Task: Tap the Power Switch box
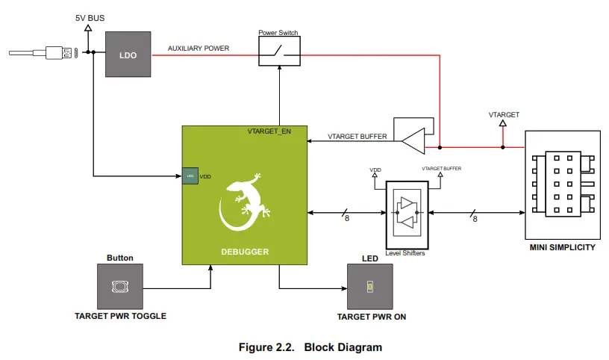coord(279,51)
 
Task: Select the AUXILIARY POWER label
coord(198,48)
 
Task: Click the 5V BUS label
coord(90,16)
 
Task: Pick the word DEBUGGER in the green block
coord(244,252)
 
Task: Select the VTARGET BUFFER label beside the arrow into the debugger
coord(357,137)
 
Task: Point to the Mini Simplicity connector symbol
coord(563,182)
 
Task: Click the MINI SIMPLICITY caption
coord(563,247)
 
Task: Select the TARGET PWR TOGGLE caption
coord(120,316)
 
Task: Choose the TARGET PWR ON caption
coord(371,316)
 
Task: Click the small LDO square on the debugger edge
coord(190,176)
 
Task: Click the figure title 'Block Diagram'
coord(343,347)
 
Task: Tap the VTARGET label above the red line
coord(504,115)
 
